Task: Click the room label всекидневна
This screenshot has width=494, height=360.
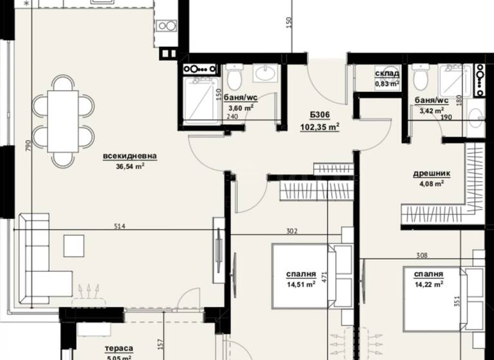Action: point(129,156)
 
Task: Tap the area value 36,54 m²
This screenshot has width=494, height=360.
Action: point(129,166)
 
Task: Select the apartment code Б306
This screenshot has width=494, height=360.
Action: point(319,115)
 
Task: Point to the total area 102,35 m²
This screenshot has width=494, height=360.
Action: point(319,127)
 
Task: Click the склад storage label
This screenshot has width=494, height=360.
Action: point(387,74)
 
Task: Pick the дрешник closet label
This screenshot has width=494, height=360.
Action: point(431,174)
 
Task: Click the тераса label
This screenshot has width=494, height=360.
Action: point(118,350)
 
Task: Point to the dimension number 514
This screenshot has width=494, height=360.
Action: point(118,226)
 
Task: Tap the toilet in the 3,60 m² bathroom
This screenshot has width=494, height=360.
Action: point(235,78)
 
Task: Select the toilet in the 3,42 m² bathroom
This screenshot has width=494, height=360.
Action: point(421,78)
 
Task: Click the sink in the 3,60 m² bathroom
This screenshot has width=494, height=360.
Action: point(264,73)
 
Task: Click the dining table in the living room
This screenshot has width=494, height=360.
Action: point(62,120)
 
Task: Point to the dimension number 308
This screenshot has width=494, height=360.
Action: point(421,256)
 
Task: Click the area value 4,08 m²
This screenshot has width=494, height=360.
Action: point(430,184)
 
